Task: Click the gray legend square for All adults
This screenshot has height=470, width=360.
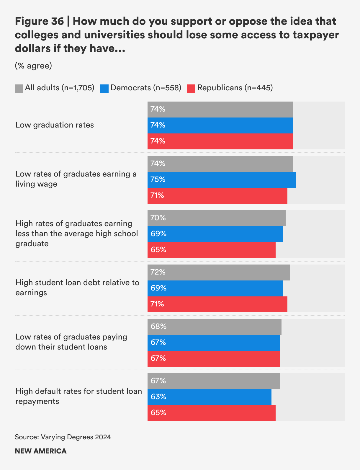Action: [19, 88]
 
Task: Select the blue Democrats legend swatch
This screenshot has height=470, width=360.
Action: [104, 88]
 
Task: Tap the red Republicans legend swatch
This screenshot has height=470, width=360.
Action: [191, 88]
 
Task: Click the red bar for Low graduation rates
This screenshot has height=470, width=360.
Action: [220, 141]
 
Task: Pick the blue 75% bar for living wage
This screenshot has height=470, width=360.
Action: [221, 179]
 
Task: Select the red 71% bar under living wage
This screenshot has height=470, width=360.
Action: [217, 195]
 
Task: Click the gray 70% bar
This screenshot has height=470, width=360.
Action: [216, 218]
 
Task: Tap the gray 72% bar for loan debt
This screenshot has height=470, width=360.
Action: [218, 272]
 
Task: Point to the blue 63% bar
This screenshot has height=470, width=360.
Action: [209, 397]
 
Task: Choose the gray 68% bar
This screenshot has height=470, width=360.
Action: [214, 327]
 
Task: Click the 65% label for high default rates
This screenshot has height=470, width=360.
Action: [158, 413]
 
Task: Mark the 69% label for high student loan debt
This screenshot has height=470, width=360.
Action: [158, 288]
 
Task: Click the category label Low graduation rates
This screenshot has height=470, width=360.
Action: [55, 125]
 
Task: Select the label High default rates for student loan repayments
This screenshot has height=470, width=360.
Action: [78, 396]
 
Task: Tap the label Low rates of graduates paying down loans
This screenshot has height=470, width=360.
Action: [71, 342]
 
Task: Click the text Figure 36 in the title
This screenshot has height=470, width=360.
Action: [39, 21]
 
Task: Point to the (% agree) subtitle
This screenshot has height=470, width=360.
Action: [33, 66]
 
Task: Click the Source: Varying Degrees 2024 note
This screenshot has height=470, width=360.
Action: [63, 437]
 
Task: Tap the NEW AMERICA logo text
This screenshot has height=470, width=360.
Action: [41, 451]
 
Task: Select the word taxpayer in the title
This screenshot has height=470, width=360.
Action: [316, 35]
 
